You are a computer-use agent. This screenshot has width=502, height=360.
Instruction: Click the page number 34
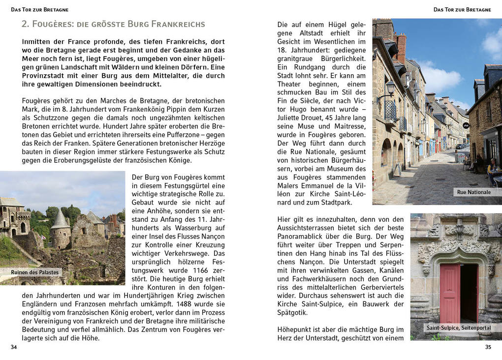[x=14, y=347]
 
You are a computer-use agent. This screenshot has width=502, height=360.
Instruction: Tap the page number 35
[x=488, y=347]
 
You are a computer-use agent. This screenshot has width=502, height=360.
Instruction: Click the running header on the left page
[x=40, y=9]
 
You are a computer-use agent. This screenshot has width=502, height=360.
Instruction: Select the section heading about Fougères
[x=113, y=24]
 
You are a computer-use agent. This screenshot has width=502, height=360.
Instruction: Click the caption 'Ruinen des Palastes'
[x=34, y=272]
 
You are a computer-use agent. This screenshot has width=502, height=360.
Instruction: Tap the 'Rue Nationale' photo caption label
[x=473, y=192]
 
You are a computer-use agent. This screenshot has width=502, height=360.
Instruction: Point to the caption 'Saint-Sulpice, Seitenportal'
[x=458, y=328]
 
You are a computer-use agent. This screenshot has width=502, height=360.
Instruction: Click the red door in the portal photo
[x=449, y=293]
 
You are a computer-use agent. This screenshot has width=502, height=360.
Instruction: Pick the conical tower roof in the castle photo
[x=60, y=219]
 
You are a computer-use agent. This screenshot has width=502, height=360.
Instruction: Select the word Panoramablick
[x=301, y=237]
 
